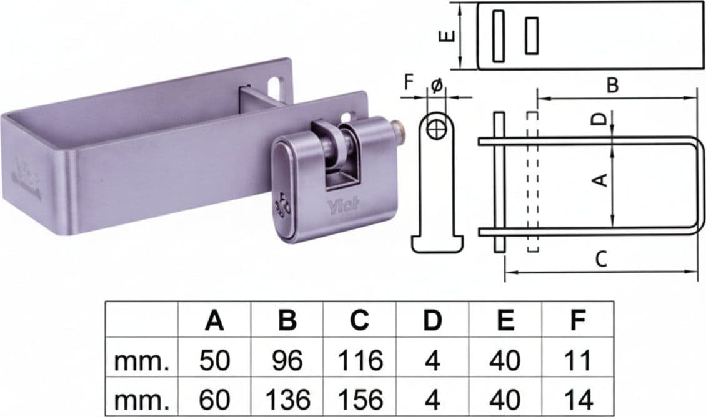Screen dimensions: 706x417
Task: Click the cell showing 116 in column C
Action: pyautogui.click(x=360, y=360)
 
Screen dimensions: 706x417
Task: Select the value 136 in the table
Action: pyautogui.click(x=287, y=398)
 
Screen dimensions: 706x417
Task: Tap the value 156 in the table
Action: pyautogui.click(x=360, y=398)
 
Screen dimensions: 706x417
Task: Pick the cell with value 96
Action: pyautogui.click(x=287, y=360)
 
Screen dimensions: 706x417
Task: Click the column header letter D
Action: pyautogui.click(x=432, y=320)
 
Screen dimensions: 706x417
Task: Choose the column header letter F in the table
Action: pyautogui.click(x=578, y=320)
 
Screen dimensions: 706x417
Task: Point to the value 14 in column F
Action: pyautogui.click(x=578, y=398)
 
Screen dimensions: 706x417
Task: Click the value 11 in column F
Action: pyautogui.click(x=578, y=360)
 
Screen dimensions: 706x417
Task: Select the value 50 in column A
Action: pyautogui.click(x=214, y=360)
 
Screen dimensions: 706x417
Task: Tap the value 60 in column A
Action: pyautogui.click(x=214, y=398)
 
